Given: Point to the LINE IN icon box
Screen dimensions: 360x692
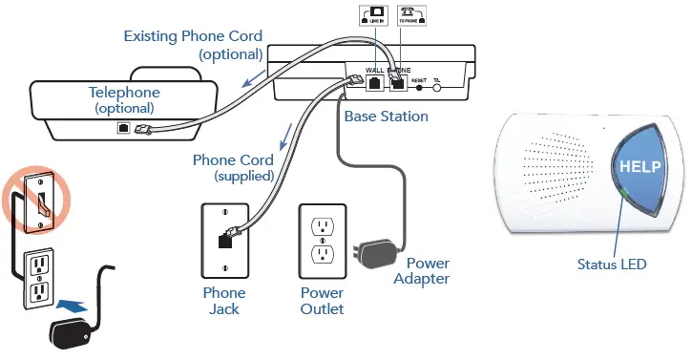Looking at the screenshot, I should (371, 18).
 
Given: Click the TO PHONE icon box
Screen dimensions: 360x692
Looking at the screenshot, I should (410, 18).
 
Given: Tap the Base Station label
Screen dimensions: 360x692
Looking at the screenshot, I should (386, 116).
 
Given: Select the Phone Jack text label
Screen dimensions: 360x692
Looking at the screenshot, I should (224, 301).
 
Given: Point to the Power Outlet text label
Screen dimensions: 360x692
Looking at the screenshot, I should (322, 301).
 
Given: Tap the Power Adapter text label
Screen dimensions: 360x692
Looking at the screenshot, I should (427, 271).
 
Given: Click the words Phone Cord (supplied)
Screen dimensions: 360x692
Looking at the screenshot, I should (233, 168).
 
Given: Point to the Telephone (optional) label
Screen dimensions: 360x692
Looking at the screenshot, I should (124, 100).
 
